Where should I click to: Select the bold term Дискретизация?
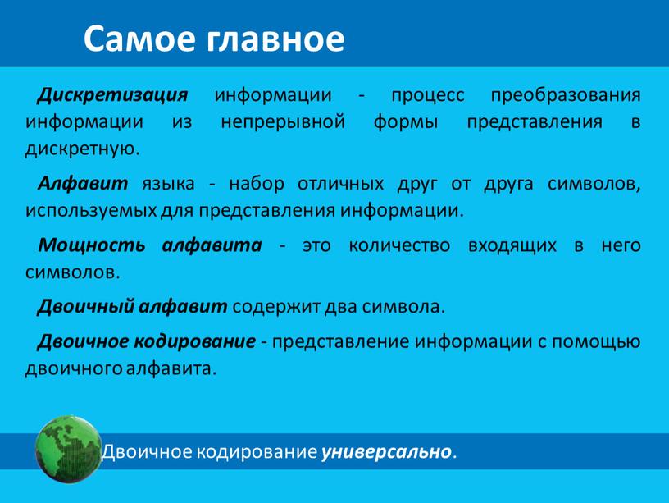[x=112, y=95]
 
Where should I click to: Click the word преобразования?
[x=566, y=95]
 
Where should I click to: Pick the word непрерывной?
[x=283, y=122]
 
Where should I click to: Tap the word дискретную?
[x=83, y=149]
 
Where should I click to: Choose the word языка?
[x=169, y=185]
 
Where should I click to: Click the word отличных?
[x=340, y=184]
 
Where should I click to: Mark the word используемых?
[x=91, y=212]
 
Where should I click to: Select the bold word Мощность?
[x=92, y=246]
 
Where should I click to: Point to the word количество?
[x=399, y=246]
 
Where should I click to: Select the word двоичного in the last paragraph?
[x=74, y=369]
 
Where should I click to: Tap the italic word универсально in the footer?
[x=386, y=452]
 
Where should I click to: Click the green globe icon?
[x=68, y=450]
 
